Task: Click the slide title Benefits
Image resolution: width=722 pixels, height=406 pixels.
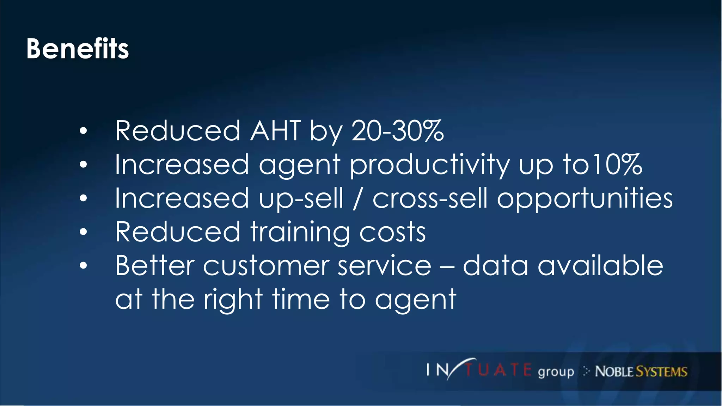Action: pos(78,49)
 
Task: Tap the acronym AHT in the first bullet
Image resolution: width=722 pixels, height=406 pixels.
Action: pos(275,131)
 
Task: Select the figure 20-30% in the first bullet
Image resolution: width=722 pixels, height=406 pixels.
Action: pos(397,131)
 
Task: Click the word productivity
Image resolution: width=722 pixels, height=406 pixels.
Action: pos(429,165)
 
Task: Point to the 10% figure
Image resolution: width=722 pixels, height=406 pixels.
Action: pos(617,164)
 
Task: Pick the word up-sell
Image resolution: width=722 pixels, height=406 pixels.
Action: pos(301,199)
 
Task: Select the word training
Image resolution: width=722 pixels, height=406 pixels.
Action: pos(300,233)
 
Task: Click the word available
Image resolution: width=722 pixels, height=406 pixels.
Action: pos(600,266)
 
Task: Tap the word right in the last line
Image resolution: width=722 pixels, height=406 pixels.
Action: pos(233,300)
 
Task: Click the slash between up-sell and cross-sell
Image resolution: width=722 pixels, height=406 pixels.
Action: pos(357,198)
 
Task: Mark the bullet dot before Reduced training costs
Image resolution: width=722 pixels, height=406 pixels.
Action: pos(83,232)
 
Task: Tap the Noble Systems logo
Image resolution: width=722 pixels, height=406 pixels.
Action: pos(641,371)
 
